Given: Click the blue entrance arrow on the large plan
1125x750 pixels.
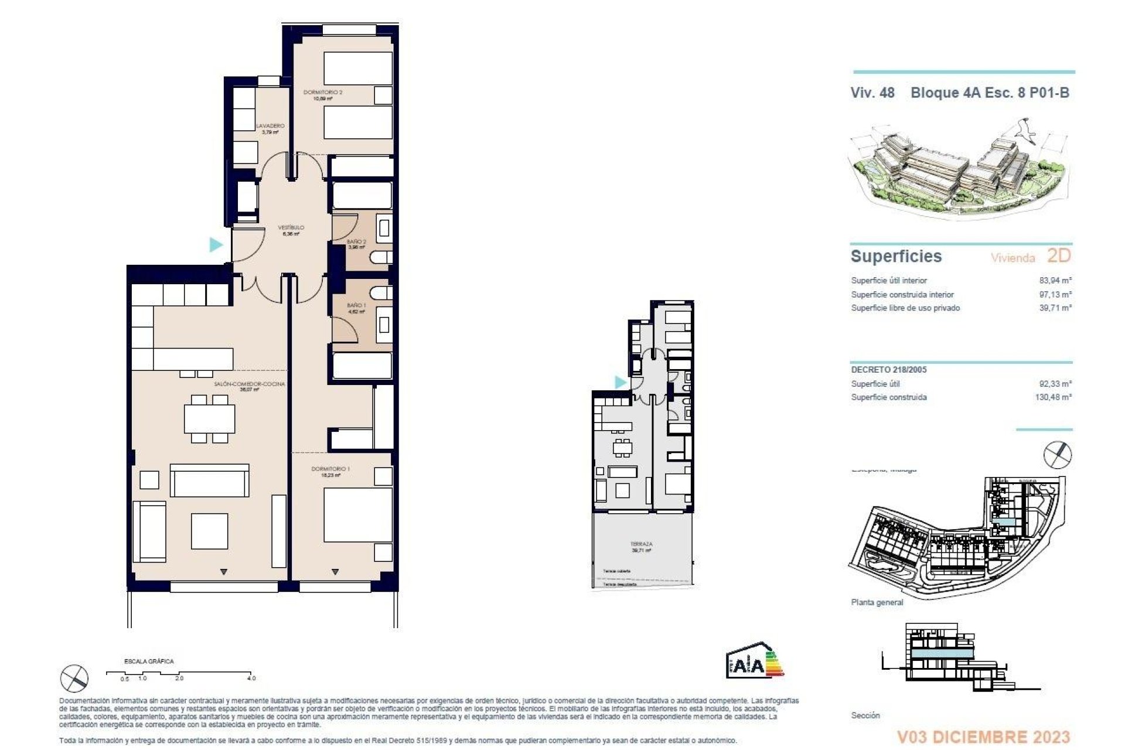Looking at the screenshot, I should (216, 244).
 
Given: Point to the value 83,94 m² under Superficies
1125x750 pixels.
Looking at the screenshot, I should (1055, 281).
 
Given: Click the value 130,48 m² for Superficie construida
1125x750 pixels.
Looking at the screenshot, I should (1053, 397).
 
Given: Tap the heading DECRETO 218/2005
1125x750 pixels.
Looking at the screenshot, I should (888, 370).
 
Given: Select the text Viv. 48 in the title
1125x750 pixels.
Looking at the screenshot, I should (872, 93).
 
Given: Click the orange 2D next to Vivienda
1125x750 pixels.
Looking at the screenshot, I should (1058, 256).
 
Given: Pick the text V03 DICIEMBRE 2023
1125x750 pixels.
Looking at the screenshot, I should (983, 737).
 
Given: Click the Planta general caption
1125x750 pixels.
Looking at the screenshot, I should (877, 602).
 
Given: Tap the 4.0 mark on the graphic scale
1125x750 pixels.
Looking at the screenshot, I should (251, 678).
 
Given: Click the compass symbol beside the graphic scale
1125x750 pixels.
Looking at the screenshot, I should (74, 679).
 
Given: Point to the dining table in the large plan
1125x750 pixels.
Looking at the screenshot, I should (209, 418).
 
